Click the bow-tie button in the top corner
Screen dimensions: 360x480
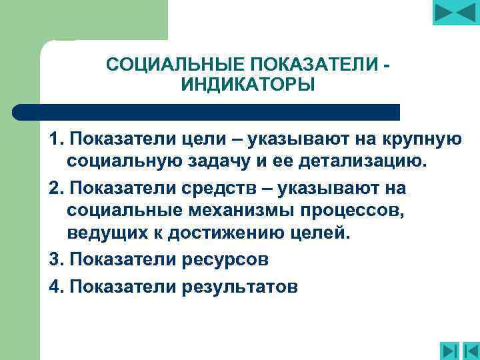[456, 13]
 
